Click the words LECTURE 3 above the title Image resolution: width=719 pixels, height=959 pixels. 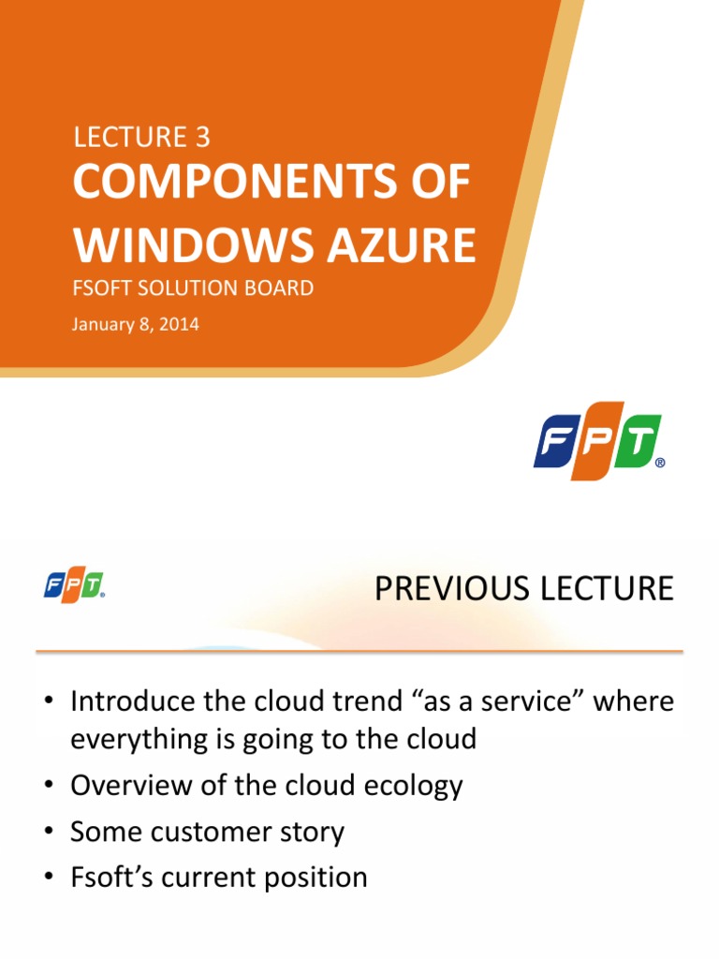(x=141, y=137)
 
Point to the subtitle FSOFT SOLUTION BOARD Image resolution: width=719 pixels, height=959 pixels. (x=193, y=288)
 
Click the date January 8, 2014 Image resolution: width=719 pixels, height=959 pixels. (x=136, y=326)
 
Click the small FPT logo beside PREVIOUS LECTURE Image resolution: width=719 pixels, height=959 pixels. (x=74, y=587)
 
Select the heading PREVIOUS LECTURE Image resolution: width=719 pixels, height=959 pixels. (x=523, y=588)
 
